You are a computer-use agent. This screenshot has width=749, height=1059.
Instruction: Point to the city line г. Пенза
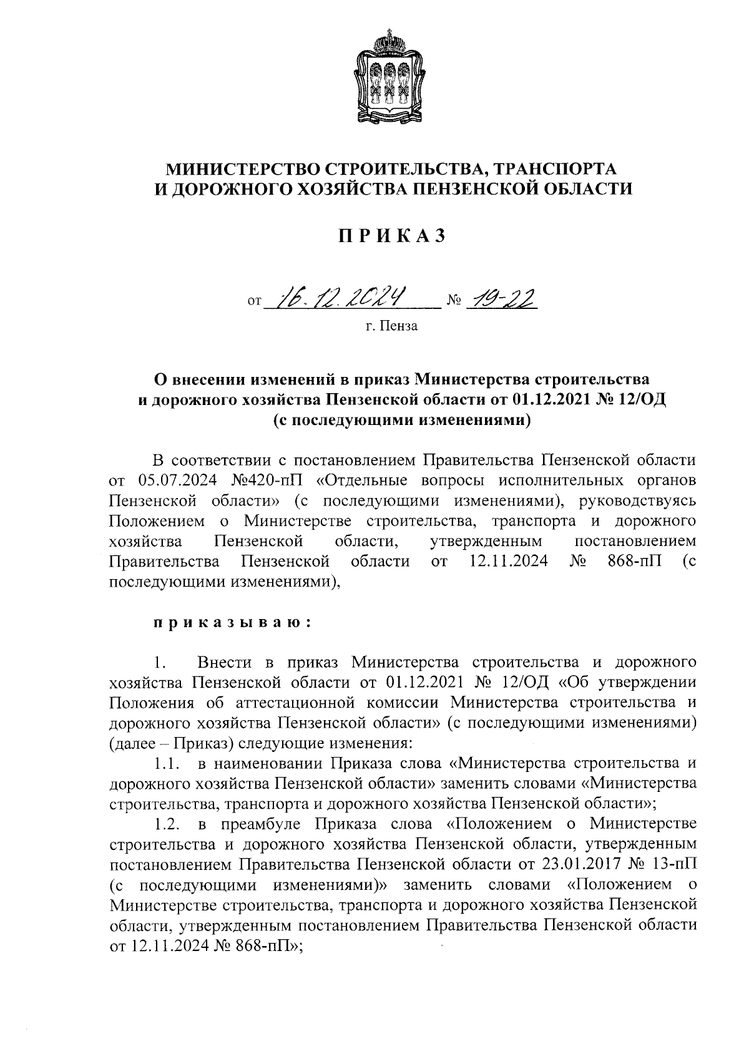coord(392,326)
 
